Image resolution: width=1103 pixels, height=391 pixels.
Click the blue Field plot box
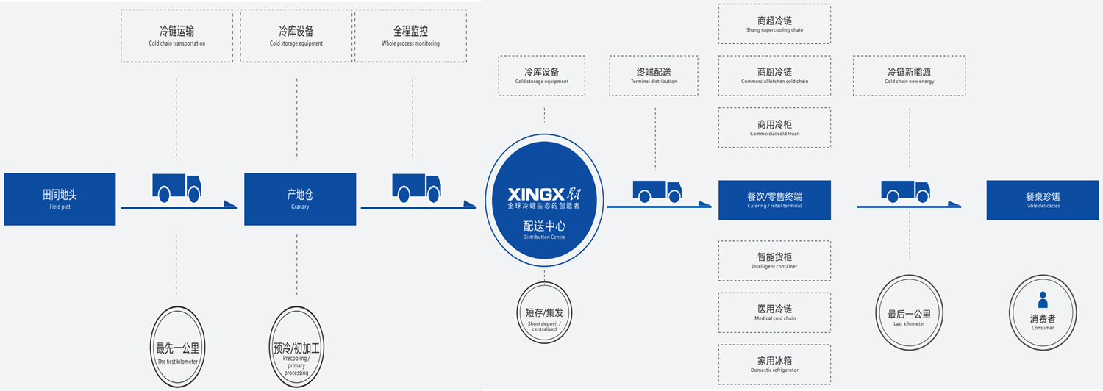click(60, 198)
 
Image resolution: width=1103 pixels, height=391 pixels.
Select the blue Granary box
click(300, 198)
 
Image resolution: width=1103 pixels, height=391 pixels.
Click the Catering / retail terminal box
click(774, 200)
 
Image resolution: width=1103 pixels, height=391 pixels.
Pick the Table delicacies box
click(1042, 200)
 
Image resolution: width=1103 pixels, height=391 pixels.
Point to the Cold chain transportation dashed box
click(176, 36)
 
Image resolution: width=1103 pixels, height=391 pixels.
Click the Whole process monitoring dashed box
click(410, 36)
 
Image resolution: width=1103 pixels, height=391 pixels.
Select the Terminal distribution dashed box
click(654, 76)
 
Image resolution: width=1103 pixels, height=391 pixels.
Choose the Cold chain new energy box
click(910, 76)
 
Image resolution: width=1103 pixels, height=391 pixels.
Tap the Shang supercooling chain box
click(774, 24)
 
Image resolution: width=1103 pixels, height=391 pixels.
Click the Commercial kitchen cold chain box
click(774, 76)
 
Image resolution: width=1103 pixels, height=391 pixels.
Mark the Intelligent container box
click(774, 260)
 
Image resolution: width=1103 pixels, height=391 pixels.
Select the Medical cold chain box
click(774, 312)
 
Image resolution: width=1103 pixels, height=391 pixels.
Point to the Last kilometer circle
click(910, 317)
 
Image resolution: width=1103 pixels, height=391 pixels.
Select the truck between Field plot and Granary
click(176, 188)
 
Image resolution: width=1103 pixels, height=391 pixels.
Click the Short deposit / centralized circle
click(544, 317)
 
